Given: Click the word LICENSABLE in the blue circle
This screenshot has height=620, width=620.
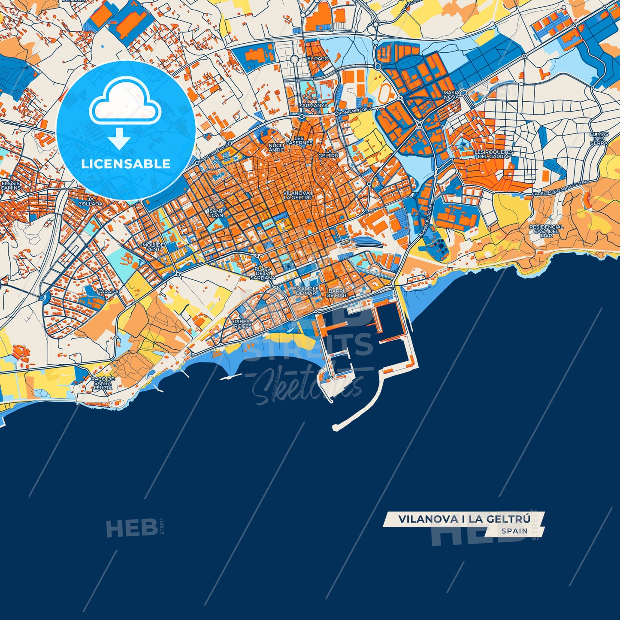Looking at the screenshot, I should pos(125,163).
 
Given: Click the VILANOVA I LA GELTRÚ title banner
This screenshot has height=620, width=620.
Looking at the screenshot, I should pos(464,519).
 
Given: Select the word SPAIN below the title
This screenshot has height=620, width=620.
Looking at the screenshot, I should pos(514,531).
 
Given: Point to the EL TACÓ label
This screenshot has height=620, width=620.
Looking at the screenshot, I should pos(318,58).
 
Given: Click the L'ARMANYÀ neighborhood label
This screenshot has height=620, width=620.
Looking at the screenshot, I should pos(313,105).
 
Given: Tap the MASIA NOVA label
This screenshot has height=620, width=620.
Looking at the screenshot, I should pos(451,94).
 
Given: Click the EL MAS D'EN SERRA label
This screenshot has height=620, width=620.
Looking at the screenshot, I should pos(599,139).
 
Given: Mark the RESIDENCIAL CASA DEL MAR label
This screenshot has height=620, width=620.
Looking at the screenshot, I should pos(546,231).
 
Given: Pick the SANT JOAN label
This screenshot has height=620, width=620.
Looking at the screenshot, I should pos(216,213).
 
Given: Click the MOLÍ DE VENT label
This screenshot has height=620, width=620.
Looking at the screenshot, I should pos(153,247).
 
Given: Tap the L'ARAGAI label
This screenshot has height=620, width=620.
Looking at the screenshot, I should pos(109,292).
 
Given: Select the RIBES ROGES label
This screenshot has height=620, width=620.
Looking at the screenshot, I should pos(243,324).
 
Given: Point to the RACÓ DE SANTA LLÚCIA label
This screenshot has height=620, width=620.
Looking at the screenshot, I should pos(103,383).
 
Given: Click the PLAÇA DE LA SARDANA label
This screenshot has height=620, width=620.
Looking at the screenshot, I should pos(263,273).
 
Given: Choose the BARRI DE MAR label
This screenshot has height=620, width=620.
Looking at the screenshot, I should pos(337,293).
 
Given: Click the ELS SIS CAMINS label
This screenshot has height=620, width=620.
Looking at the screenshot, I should pos(11,185).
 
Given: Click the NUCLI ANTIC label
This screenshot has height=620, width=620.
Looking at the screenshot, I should pos(276,148).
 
